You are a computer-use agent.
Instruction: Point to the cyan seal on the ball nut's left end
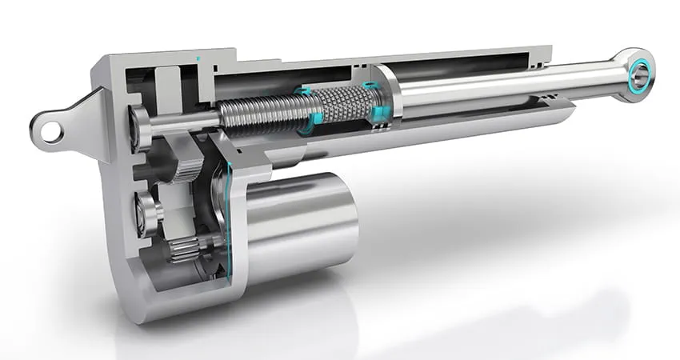(308, 112)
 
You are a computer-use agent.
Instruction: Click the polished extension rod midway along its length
(496, 86)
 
